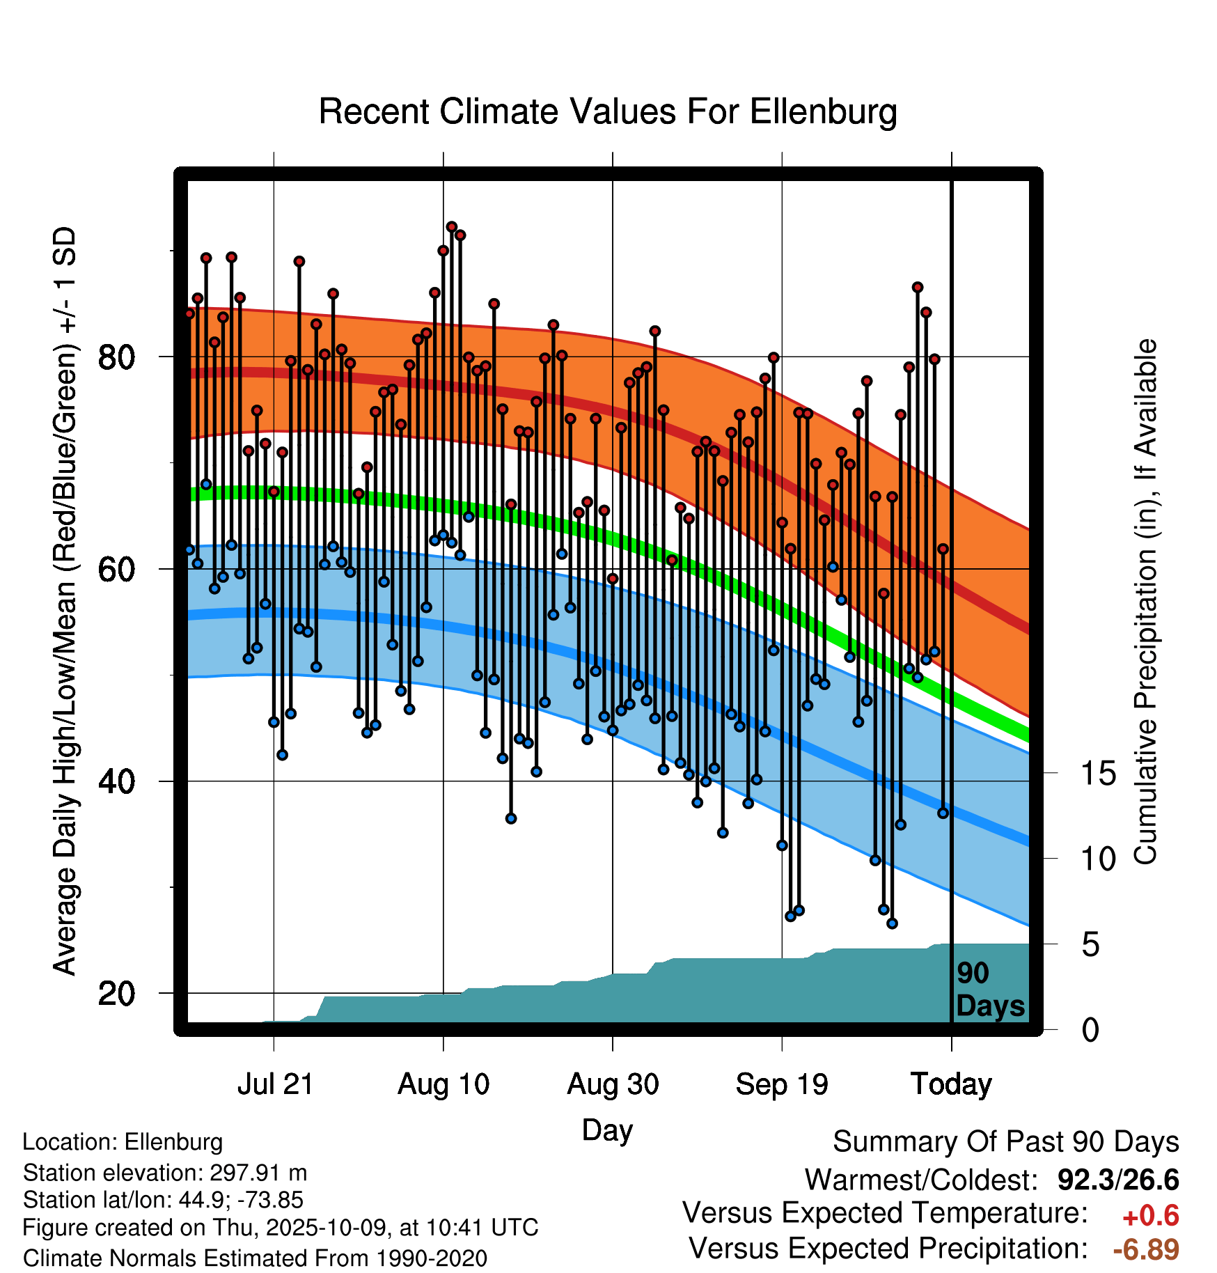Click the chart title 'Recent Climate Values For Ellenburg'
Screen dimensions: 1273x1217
pos(607,111)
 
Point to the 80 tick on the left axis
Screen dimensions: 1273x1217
pos(116,357)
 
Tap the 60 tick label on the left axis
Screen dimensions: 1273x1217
pos(116,570)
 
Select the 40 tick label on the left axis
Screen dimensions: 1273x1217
pos(116,781)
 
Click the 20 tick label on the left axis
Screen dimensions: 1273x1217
pos(116,993)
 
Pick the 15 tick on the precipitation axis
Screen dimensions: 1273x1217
pos(1098,773)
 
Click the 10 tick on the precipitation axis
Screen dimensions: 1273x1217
pos(1098,859)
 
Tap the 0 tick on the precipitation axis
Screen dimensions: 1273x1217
pos(1090,1030)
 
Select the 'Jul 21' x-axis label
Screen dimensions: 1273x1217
pos(275,1084)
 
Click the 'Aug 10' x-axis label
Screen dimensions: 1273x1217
pos(443,1084)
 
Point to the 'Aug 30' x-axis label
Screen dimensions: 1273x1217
pos(613,1084)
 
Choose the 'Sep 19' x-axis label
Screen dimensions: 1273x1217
pos(782,1084)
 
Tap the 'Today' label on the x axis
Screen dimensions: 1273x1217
pos(951,1084)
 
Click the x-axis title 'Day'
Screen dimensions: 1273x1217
pos(607,1130)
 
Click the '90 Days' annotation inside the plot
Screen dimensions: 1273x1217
pos(989,990)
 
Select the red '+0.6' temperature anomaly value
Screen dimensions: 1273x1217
pos(1150,1216)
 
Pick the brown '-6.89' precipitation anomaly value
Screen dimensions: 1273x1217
pos(1145,1249)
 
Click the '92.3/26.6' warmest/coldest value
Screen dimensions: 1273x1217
pos(1117,1180)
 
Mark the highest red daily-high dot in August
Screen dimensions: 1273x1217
pos(451,226)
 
